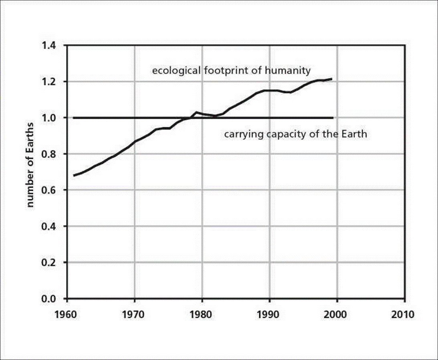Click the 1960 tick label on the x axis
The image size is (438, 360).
(67, 313)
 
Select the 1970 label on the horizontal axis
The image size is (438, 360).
(135, 313)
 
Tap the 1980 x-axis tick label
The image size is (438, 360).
(202, 313)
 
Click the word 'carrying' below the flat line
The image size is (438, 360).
(240, 134)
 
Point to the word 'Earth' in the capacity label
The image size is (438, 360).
(354, 134)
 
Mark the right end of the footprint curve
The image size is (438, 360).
(331, 79)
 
